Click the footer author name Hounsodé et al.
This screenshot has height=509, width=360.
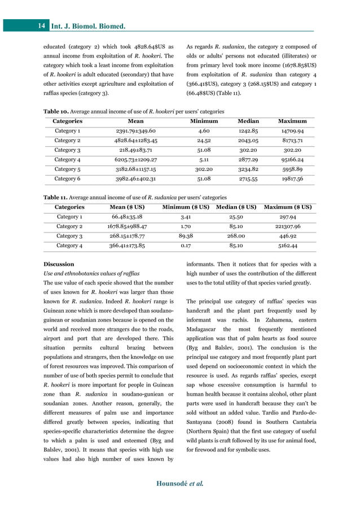[x=179, y=484]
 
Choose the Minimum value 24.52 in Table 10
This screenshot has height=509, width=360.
[x=204, y=141]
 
